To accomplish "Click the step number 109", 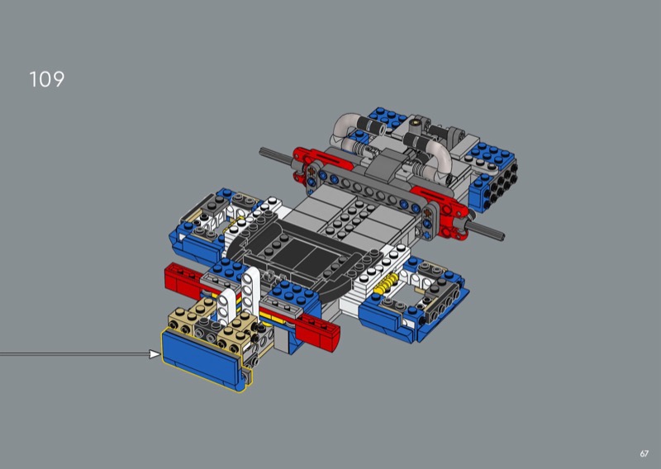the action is (x=47, y=79).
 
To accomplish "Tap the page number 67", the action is (x=644, y=453).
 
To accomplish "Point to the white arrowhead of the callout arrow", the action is (x=155, y=354).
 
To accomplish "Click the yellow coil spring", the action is (x=387, y=283).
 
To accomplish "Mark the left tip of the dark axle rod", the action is (x=260, y=150).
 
